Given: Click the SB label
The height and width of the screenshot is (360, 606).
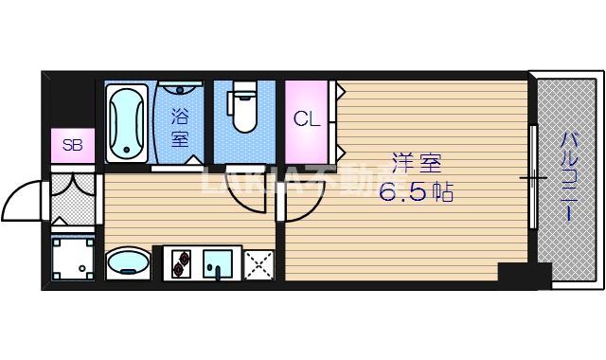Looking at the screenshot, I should click(72, 145).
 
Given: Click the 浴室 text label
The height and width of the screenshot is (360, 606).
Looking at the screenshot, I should click(179, 128).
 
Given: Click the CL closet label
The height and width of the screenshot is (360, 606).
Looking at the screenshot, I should click(305, 119).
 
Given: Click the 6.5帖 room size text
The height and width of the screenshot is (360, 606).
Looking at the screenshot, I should click(416, 192).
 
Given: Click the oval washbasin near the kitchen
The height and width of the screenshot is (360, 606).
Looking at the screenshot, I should click(128, 263).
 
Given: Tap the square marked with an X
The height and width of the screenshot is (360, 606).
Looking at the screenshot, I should click(258, 264).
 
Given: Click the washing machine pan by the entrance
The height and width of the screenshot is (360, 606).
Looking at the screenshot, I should click(73, 260).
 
